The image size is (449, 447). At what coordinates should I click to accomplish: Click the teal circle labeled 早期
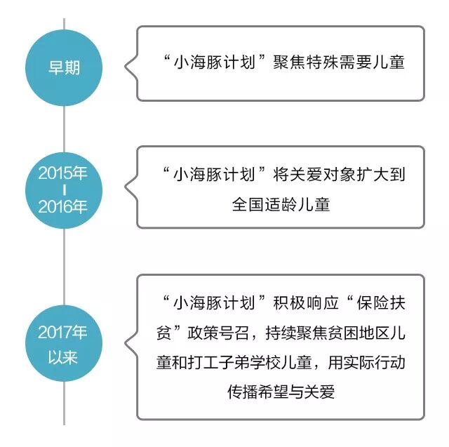[64, 68]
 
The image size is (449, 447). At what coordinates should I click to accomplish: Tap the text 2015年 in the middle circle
[63, 173]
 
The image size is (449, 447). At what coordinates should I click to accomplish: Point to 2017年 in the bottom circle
[63, 333]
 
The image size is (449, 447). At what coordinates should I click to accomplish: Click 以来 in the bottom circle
[63, 356]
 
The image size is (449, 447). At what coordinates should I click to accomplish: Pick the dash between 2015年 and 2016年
[63, 189]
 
